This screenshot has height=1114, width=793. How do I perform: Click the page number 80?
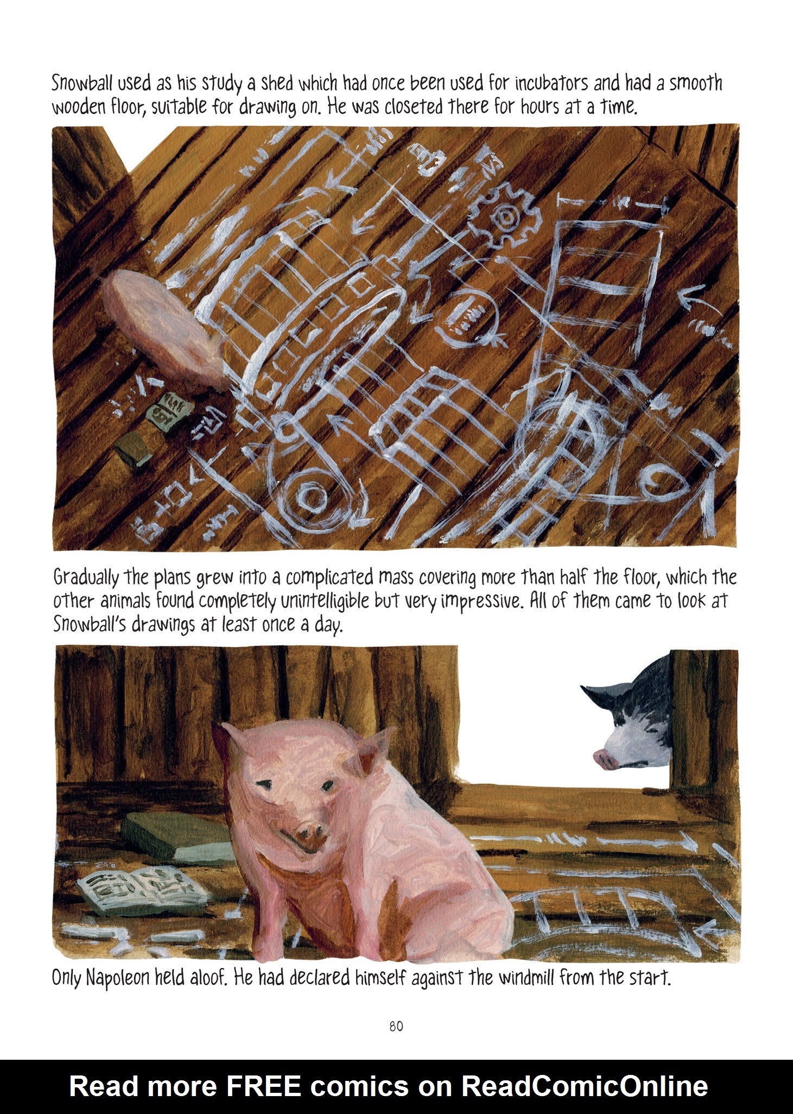pyautogui.click(x=396, y=1027)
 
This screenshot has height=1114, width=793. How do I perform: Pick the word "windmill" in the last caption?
pyautogui.click(x=525, y=978)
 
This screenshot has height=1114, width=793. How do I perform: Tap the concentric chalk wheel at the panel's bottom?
pyautogui.click(x=308, y=500)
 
